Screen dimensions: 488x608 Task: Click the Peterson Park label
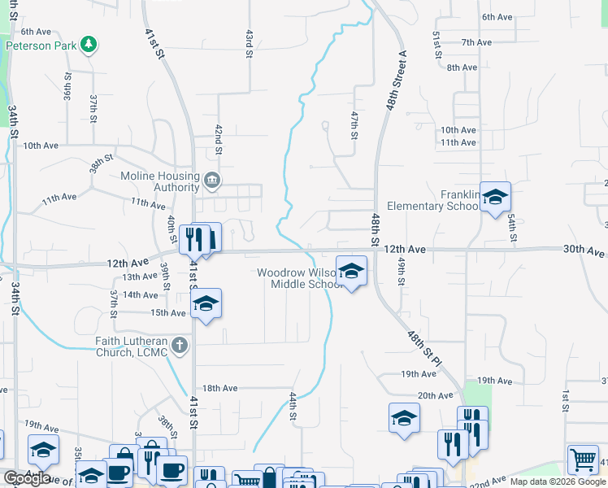pos(41,46)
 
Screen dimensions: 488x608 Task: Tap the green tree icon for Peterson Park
pos(89,45)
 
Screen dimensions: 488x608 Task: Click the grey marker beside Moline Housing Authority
pos(212,181)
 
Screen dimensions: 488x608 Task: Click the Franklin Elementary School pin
pos(495,197)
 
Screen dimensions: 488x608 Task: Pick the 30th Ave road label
pos(584,251)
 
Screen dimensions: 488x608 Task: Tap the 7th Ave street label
pos(476,42)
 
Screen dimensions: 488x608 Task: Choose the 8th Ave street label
pos(463,68)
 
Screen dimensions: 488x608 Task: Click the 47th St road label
pos(354,125)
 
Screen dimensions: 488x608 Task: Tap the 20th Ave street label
pos(435,395)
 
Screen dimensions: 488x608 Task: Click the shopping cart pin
pos(583,460)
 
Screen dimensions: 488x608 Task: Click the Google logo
pos(27,478)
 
